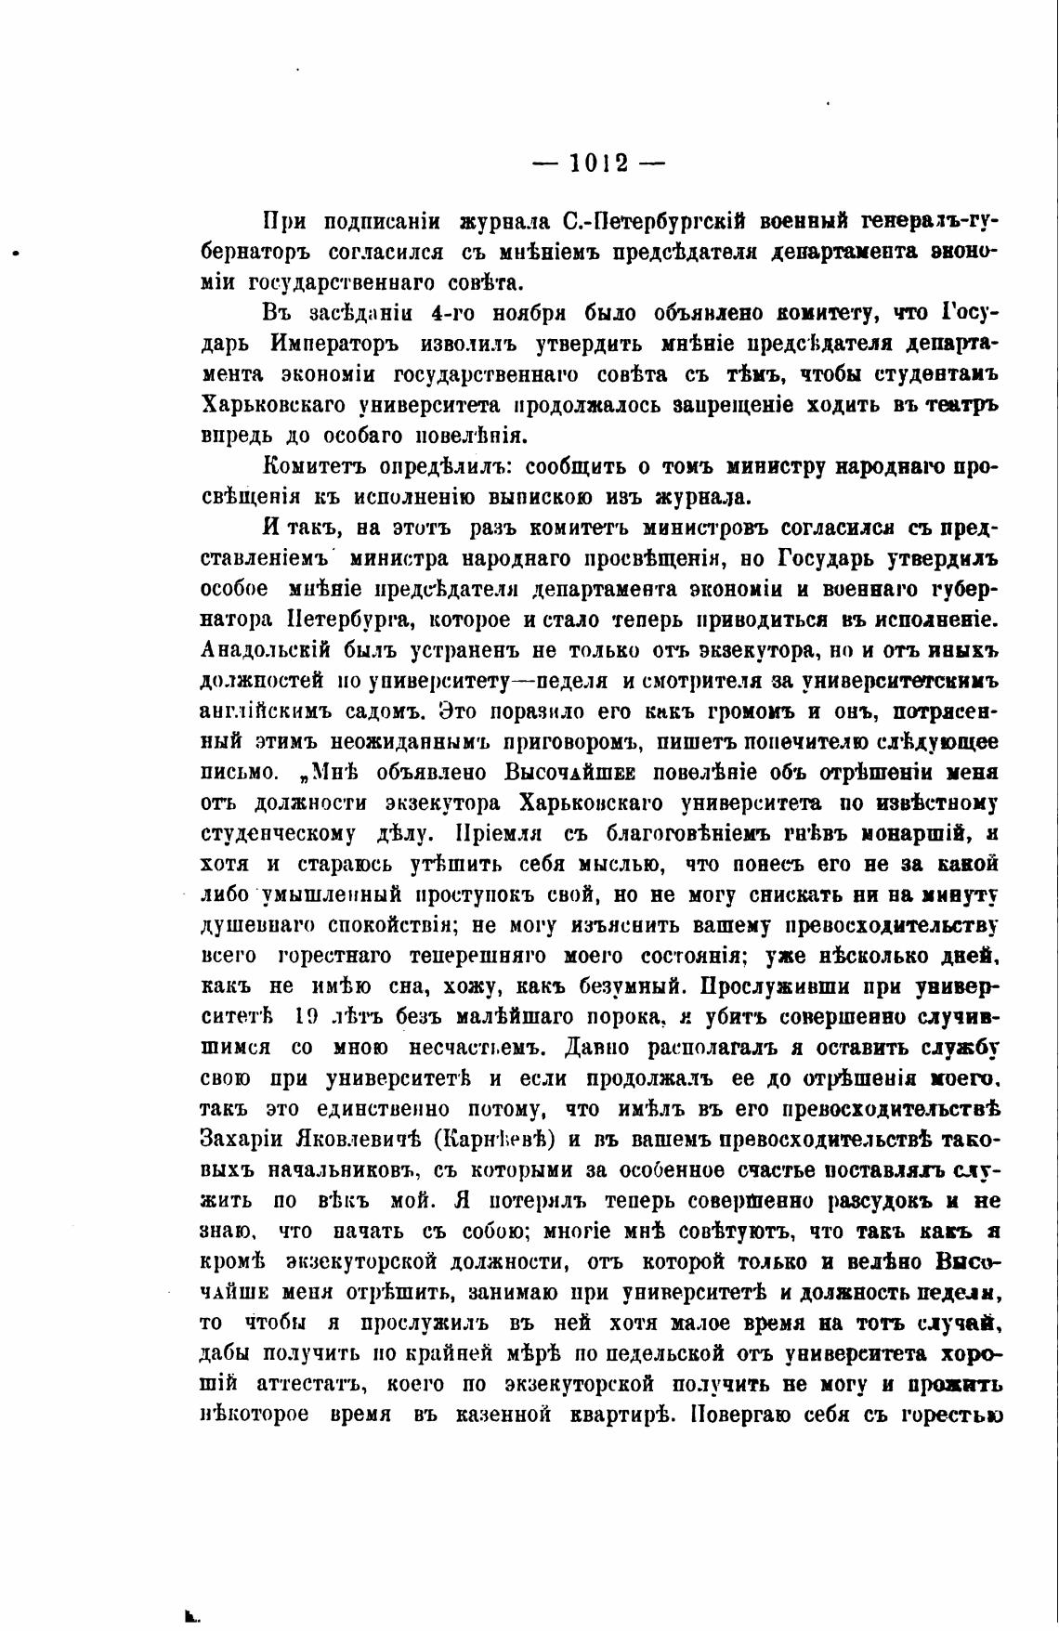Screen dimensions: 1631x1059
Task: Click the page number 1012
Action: click(x=599, y=163)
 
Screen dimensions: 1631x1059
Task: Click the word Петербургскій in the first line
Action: click(x=668, y=222)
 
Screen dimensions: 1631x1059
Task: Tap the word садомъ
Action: click(x=376, y=711)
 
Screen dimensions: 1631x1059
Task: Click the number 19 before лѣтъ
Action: click(x=306, y=1017)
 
